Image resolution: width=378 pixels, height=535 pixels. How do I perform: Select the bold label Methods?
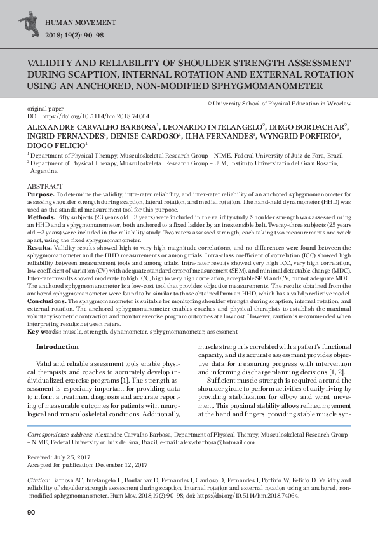tap(41, 217)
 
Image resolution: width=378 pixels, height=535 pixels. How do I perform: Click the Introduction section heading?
tap(57, 346)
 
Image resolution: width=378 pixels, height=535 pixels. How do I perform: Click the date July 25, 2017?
tap(78, 457)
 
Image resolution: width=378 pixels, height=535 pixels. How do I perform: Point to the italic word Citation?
tap(39, 481)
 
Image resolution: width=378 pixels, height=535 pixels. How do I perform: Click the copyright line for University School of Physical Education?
tap(280, 102)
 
